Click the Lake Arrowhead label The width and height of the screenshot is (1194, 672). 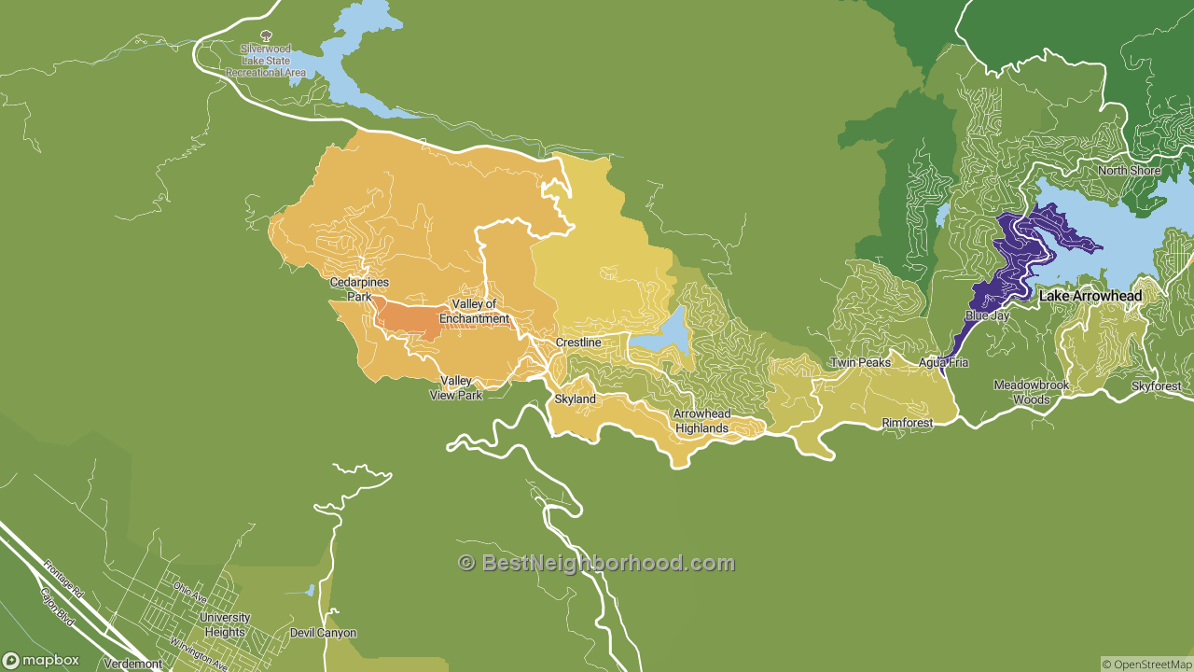tap(1090, 296)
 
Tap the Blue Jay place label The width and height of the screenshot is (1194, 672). tap(987, 315)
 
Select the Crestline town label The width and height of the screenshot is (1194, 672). tap(578, 343)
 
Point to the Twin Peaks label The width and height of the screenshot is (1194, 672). tap(860, 362)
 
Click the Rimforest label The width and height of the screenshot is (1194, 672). tap(908, 423)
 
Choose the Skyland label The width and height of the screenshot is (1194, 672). tap(575, 399)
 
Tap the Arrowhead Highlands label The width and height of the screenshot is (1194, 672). tap(702, 421)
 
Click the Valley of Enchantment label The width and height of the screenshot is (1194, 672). tap(480, 312)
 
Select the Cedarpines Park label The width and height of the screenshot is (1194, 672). tap(359, 289)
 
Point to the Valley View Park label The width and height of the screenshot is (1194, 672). tap(456, 387)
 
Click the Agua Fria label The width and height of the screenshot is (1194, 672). tap(943, 362)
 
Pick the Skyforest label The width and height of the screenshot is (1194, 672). tap(1156, 386)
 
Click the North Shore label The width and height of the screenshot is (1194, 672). tap(1129, 171)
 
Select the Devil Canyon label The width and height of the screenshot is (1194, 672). tap(323, 633)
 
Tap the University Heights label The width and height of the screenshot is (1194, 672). tap(225, 624)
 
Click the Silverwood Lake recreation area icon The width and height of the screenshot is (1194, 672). tap(266, 35)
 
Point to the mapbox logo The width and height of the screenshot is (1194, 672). tap(41, 660)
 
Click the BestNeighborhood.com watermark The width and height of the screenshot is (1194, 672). tap(596, 563)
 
